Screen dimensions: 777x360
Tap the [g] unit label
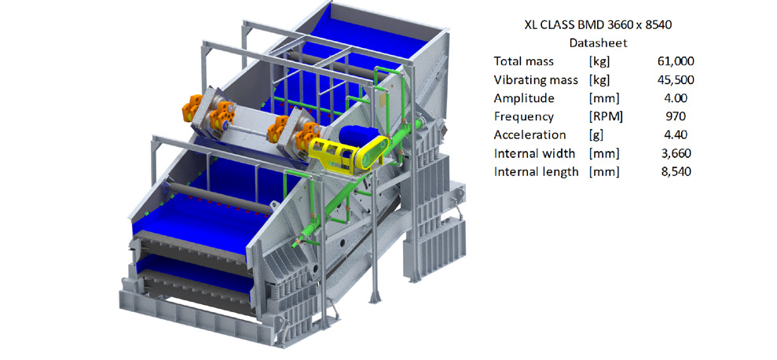[596, 135]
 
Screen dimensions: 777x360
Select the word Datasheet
[598, 43]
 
